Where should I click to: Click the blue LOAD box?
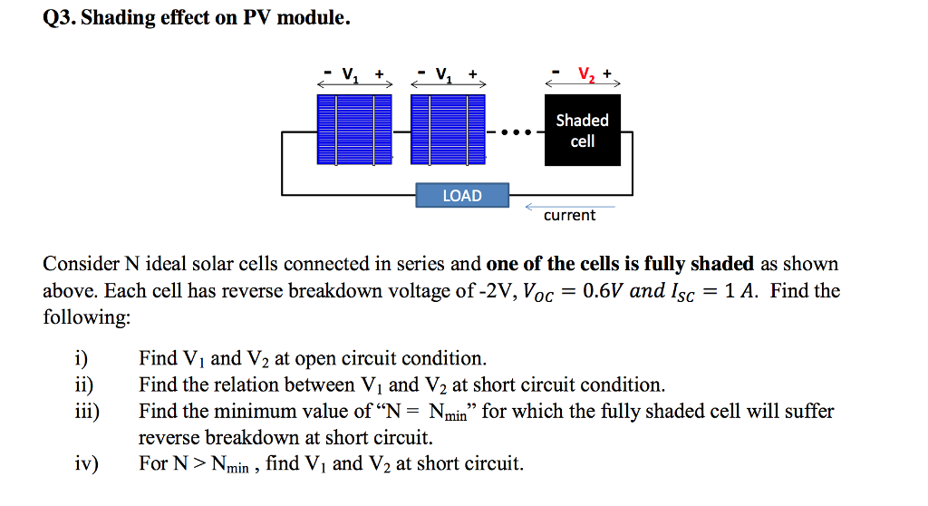tap(462, 196)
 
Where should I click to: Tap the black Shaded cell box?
tap(582, 131)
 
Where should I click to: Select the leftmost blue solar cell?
tap(354, 130)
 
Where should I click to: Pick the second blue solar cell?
tap(449, 130)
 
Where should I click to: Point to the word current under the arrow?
tap(569, 216)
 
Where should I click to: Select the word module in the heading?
tap(312, 18)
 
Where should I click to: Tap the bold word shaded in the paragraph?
tap(721, 264)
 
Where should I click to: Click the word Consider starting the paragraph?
tap(80, 264)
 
